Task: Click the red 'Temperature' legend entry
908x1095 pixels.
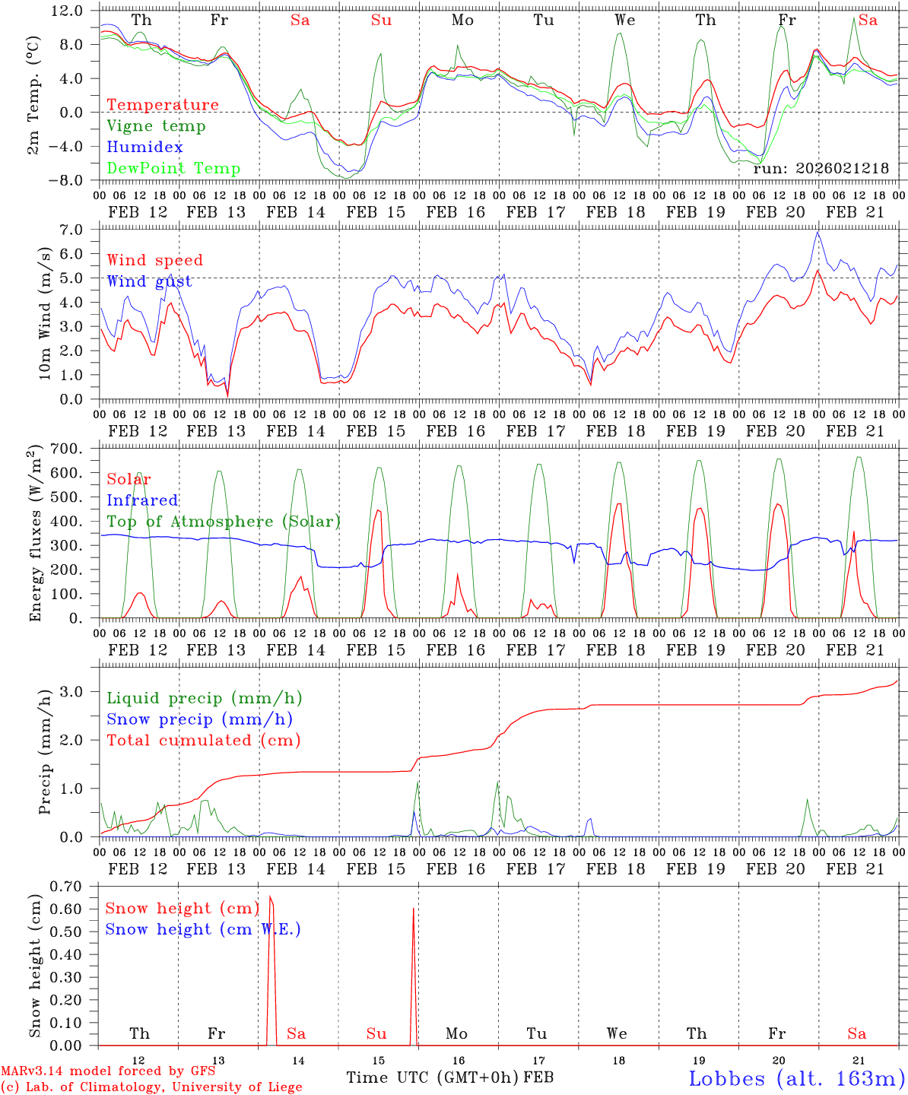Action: [162, 105]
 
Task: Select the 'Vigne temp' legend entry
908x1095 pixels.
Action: [156, 126]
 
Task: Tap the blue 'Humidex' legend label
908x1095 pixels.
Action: [144, 148]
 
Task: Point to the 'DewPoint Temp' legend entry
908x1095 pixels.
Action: [173, 169]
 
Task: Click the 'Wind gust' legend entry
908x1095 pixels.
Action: [149, 281]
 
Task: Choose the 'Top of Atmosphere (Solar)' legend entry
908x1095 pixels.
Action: [224, 522]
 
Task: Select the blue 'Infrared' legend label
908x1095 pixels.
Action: [142, 500]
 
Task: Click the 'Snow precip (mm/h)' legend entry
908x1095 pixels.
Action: [199, 719]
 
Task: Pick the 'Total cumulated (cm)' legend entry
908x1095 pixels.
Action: [204, 741]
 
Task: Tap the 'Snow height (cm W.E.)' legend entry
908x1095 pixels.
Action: [203, 929]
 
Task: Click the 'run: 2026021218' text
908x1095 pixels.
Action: [821, 169]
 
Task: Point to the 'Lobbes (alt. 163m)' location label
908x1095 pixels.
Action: [796, 1078]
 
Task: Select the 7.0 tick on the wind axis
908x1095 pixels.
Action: [79, 230]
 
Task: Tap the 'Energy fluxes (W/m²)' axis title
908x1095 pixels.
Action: [36, 535]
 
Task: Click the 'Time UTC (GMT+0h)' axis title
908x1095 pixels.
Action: [432, 1078]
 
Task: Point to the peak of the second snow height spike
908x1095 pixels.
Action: [414, 908]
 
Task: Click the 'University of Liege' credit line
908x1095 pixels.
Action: [151, 1087]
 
